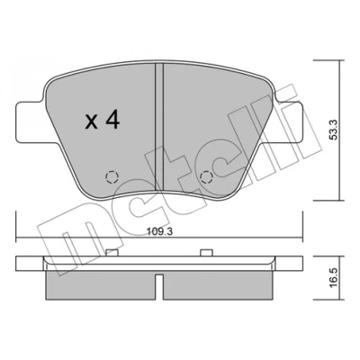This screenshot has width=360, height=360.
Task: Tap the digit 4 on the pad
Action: click(x=112, y=120)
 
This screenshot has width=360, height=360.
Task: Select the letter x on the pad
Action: click(x=91, y=122)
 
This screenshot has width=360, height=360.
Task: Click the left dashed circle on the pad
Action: click(x=112, y=177)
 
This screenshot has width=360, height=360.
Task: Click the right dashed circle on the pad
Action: click(x=206, y=177)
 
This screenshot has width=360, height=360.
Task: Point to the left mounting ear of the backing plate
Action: click(x=30, y=122)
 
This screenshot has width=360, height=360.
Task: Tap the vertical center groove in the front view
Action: click(x=159, y=127)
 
